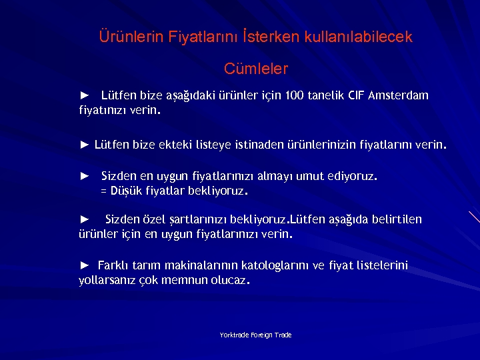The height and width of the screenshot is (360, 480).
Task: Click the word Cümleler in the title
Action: click(x=256, y=69)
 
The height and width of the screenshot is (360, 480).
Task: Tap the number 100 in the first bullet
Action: click(x=293, y=95)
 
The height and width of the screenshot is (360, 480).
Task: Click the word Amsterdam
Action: click(x=398, y=95)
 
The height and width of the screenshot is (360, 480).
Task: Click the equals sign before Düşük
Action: click(x=103, y=191)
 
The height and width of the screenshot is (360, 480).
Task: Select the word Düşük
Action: click(x=125, y=191)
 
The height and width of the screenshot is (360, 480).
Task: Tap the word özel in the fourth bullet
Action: click(x=154, y=219)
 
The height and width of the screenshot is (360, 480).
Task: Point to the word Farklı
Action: click(x=115, y=266)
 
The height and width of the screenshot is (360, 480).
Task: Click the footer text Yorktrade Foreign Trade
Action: click(x=256, y=335)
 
